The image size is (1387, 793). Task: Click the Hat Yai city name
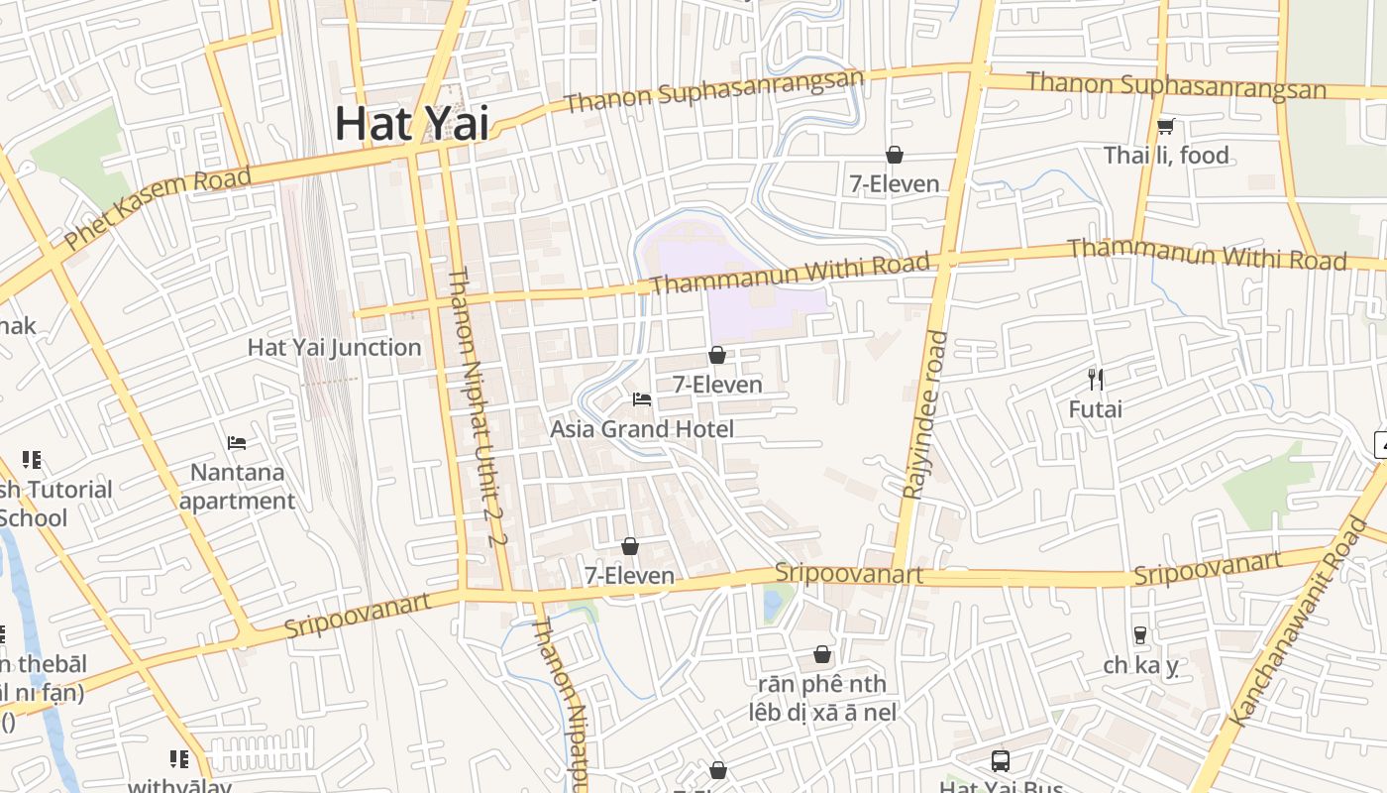click(412, 123)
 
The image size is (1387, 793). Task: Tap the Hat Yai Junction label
click(334, 348)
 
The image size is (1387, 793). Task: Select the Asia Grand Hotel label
click(642, 429)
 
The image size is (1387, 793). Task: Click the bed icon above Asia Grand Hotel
click(642, 399)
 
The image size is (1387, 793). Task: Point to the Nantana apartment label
click(237, 486)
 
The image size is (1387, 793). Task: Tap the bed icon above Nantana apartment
click(237, 442)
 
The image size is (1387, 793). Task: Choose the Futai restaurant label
click(1095, 408)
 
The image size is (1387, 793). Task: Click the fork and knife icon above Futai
click(1095, 379)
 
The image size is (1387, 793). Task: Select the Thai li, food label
click(1166, 156)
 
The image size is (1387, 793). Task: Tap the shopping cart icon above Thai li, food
click(1165, 126)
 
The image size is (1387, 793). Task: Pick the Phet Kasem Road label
click(158, 209)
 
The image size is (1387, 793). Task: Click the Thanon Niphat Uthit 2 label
click(478, 406)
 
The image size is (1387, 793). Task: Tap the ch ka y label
click(1140, 665)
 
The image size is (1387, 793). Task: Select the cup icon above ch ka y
click(1140, 634)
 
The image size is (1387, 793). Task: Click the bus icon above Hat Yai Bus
click(1001, 761)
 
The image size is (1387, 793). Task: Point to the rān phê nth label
click(822, 684)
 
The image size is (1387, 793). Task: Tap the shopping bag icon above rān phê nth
click(822, 654)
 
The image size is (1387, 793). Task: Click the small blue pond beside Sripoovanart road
click(773, 602)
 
